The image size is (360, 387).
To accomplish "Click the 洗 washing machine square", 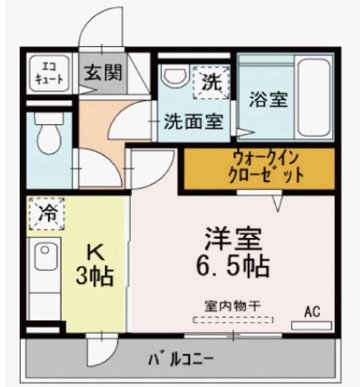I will tap(211, 82).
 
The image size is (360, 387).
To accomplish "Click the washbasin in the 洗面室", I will tap(175, 75).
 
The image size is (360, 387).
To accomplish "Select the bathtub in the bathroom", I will tap(314, 97).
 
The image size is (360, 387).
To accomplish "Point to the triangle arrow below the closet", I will tap(278, 203).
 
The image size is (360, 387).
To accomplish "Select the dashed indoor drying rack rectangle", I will tap(233, 319).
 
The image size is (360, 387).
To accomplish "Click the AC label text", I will tap(312, 312).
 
